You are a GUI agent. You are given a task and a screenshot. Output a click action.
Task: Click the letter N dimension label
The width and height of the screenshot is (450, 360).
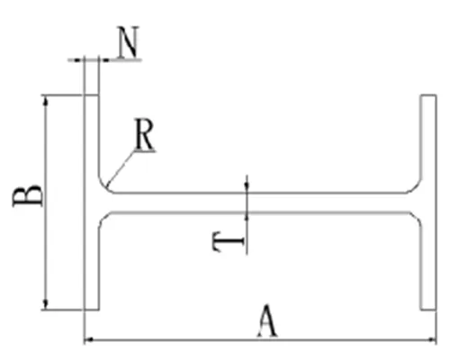click(x=129, y=43)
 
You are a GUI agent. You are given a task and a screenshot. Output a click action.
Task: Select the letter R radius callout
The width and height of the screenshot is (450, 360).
click(x=144, y=134)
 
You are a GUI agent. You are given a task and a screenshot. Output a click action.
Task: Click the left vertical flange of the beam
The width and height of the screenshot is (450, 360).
click(x=92, y=252)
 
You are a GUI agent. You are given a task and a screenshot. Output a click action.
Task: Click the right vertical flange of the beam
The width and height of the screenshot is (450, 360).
click(x=428, y=252)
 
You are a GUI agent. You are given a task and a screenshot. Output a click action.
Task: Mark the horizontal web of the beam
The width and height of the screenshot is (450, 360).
click(x=261, y=202)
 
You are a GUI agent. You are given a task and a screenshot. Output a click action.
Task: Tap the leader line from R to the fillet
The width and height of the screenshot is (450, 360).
click(x=121, y=169)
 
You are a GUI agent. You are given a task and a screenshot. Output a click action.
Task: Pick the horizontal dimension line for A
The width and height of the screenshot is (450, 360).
click(x=261, y=340)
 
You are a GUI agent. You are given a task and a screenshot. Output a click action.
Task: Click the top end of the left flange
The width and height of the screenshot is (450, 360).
click(x=92, y=95)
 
